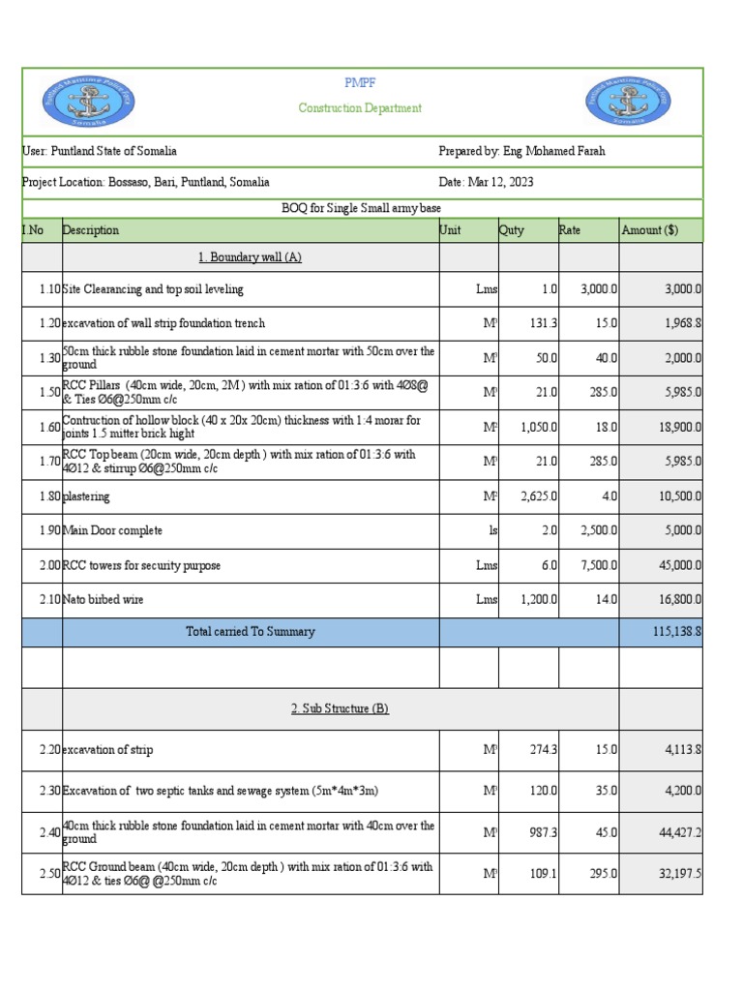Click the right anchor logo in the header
628,102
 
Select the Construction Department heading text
360,108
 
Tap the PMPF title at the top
360,84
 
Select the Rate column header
571,230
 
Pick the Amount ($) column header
649,230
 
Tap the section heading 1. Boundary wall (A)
250,256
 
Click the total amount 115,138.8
677,631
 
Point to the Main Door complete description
112,530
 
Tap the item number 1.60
48,427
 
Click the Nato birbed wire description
103,599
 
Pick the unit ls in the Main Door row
492,530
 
